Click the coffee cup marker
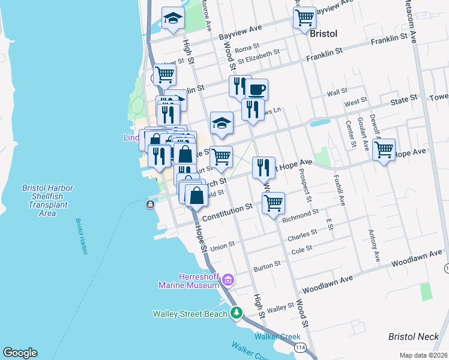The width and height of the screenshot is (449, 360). point(256,90)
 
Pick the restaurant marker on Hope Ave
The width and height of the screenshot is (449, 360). point(264,167)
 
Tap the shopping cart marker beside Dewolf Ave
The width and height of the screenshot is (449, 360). point(384,149)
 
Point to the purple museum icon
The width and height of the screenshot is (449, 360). point(228,280)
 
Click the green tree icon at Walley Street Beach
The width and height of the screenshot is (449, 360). point(237,313)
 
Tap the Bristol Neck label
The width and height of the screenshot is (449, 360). point(414,337)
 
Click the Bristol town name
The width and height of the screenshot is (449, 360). point(325,34)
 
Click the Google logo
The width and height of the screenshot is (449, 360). point(20,353)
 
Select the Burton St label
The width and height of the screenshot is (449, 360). point(267,264)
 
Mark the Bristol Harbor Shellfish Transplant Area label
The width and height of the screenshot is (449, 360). point(47,200)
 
